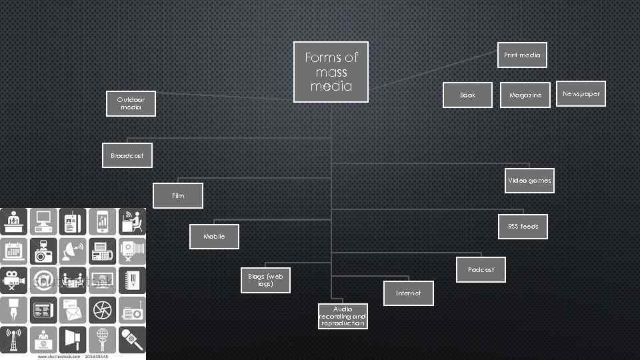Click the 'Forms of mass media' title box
pyautogui.click(x=331, y=72)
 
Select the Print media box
pyautogui.click(x=522, y=55)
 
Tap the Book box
pyautogui.click(x=468, y=95)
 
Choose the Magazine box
pyautogui.click(x=525, y=95)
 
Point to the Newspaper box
pyautogui.click(x=581, y=94)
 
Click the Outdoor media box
pyautogui.click(x=131, y=103)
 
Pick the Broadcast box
pyautogui.click(x=127, y=155)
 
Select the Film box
pyautogui.click(x=178, y=195)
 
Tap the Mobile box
pyautogui.click(x=214, y=236)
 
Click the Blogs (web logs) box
pyautogui.click(x=265, y=279)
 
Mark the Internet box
pyautogui.click(x=408, y=293)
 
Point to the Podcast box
pyautogui.click(x=481, y=269)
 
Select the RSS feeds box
pyautogui.click(x=523, y=227)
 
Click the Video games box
pyautogui.click(x=529, y=181)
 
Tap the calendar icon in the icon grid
pyautogui.click(x=14, y=251)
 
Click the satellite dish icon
pyautogui.click(x=73, y=251)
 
